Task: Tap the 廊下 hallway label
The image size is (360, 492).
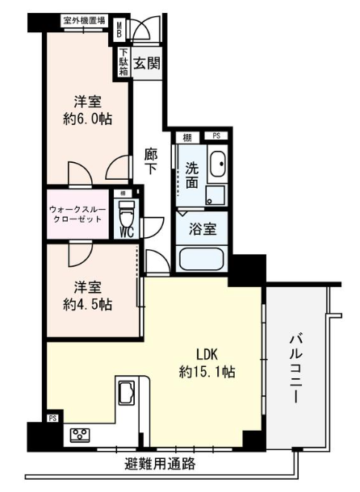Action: click(x=151, y=161)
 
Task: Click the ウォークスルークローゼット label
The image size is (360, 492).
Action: click(x=78, y=214)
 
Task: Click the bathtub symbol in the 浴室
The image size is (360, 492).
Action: click(x=202, y=260)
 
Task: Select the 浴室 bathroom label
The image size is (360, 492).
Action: click(x=202, y=229)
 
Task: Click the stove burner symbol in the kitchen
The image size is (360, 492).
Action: click(x=81, y=435)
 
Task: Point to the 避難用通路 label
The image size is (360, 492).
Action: click(x=160, y=465)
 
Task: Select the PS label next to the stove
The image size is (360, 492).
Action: click(x=52, y=418)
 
